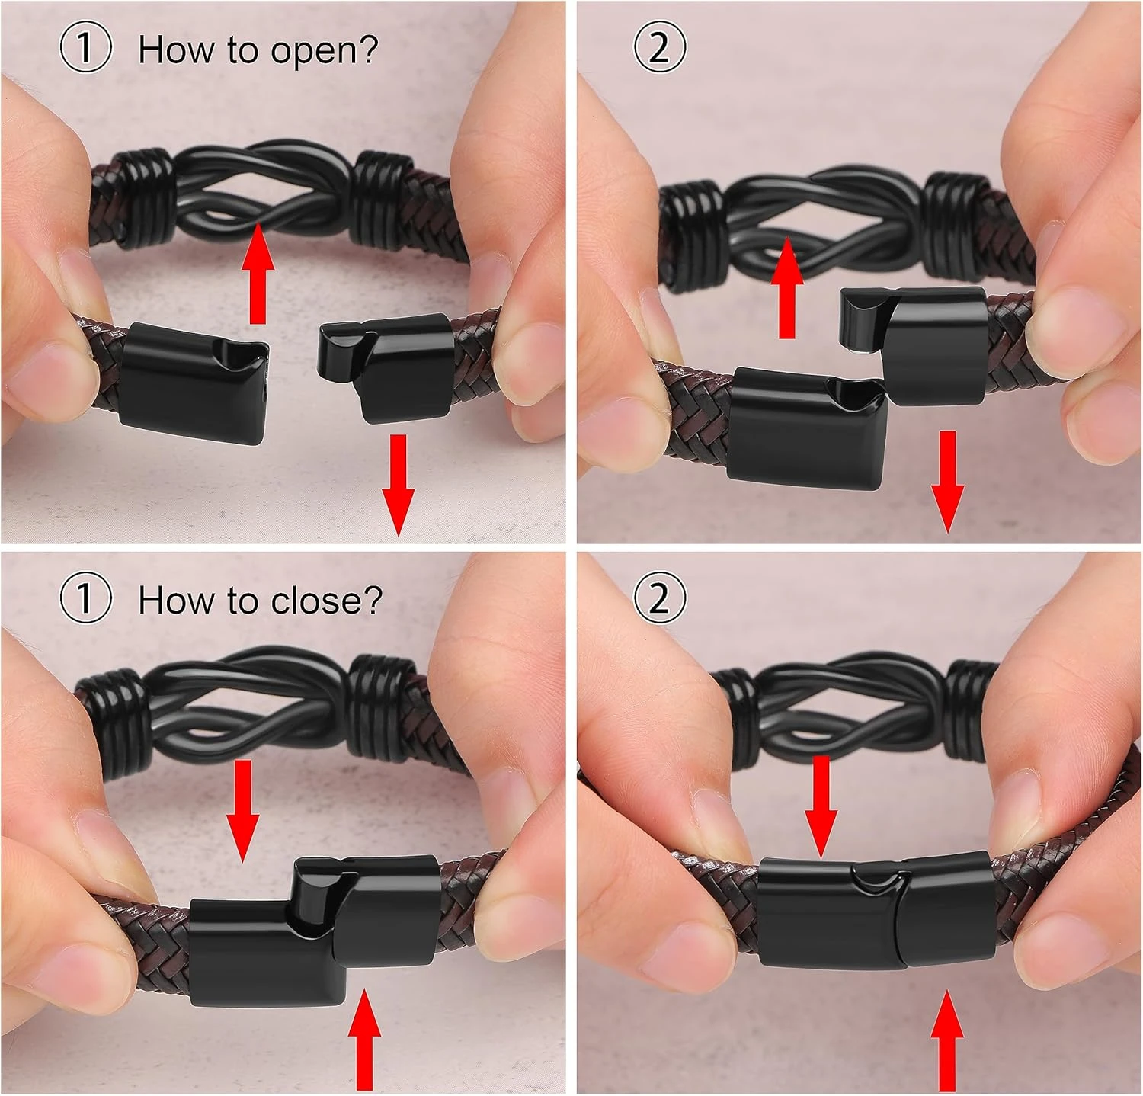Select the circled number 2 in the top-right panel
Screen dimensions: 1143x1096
tap(660, 47)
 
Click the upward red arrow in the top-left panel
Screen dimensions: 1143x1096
tap(258, 274)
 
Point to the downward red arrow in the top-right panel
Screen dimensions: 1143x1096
tap(947, 481)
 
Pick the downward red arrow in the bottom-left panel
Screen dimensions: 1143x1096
tap(243, 811)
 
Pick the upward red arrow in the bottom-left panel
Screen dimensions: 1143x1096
tap(364, 1040)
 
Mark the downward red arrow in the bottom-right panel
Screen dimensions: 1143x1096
tap(821, 806)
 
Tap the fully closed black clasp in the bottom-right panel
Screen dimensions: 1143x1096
tap(876, 911)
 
